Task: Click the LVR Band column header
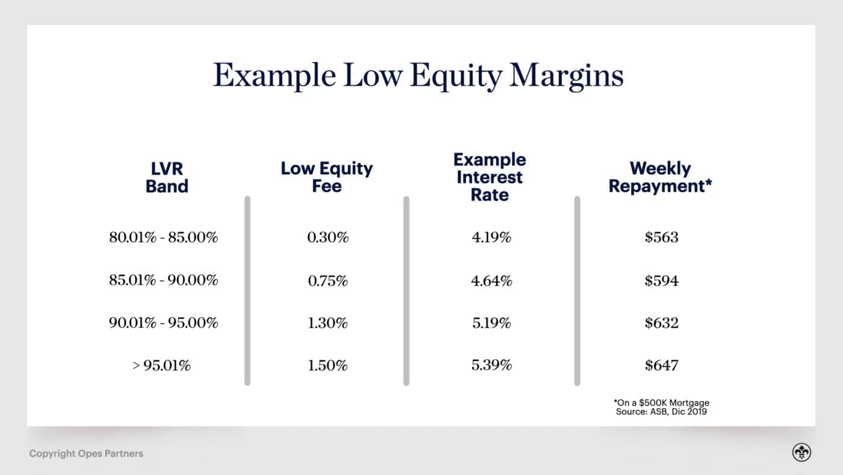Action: (167, 177)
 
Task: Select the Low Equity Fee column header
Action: (327, 177)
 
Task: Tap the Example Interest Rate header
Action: (490, 177)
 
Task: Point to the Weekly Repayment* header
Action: (661, 177)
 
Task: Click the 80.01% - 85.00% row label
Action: (163, 237)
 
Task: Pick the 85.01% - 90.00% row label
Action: (163, 281)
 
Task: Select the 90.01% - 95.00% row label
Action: (163, 323)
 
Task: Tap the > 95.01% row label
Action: (161, 365)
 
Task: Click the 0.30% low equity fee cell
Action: (328, 237)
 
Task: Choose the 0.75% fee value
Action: (328, 281)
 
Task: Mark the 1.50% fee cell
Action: (328, 365)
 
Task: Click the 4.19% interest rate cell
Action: (491, 237)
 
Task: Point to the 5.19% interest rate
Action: (491, 323)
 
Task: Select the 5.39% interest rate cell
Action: (491, 365)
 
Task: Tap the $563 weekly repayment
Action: (661, 237)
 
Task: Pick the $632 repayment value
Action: (661, 323)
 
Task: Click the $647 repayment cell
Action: (661, 365)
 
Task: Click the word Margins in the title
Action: (566, 77)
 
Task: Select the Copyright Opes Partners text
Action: (86, 453)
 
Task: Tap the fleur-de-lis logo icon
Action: (801, 453)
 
